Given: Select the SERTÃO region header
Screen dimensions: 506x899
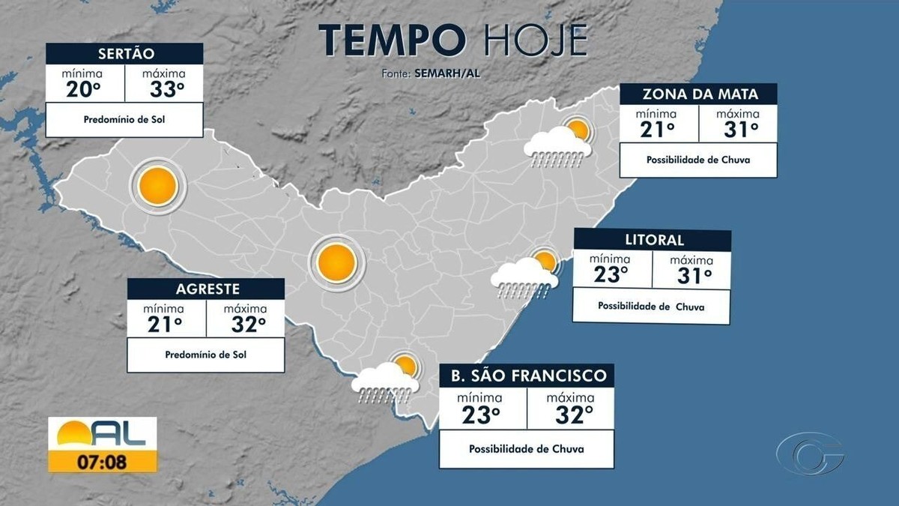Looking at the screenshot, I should pyautogui.click(x=124, y=53).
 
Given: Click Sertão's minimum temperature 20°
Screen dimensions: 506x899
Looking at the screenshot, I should pyautogui.click(x=85, y=89).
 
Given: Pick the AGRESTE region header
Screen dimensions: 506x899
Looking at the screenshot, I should pyautogui.click(x=207, y=289).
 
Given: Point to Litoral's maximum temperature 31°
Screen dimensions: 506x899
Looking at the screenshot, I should pyautogui.click(x=694, y=275).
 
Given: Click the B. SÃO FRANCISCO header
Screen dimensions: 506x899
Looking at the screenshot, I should pyautogui.click(x=528, y=375).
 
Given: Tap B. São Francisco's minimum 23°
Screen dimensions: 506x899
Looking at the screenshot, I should pyautogui.click(x=480, y=414).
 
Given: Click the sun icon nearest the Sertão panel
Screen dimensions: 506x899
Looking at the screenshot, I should pyautogui.click(x=157, y=187).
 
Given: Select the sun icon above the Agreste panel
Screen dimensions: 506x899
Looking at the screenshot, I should pyautogui.click(x=335, y=262).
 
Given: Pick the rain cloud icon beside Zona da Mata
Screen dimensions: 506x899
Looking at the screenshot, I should pyautogui.click(x=557, y=144).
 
